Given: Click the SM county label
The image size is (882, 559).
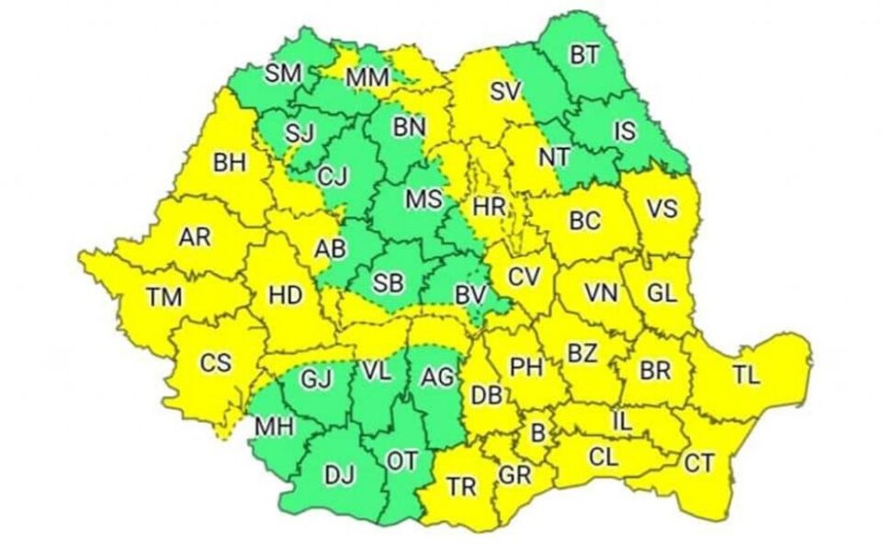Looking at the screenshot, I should tap(282, 74).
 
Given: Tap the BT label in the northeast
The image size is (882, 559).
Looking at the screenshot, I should tap(583, 56).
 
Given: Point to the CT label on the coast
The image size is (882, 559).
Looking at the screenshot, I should tap(698, 463).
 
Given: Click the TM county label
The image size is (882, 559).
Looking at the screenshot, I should tap(164, 297).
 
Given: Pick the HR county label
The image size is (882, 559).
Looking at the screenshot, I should tap(489, 208).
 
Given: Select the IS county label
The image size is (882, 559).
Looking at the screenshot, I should tap(624, 131).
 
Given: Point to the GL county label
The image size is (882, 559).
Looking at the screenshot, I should tap(661, 292).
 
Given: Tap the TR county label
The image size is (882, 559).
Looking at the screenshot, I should tap(460, 486).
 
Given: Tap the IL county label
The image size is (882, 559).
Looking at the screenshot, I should tap(622, 421).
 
